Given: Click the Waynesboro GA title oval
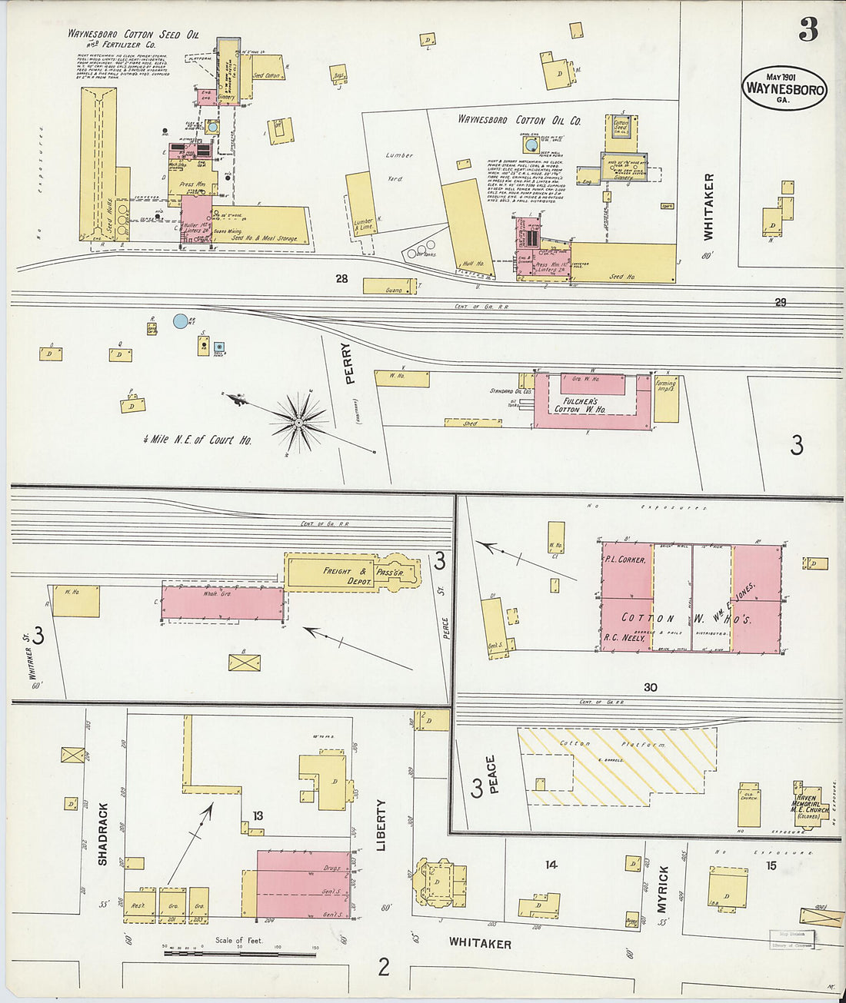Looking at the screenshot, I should click(x=784, y=88).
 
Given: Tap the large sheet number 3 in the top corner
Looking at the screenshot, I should click(x=808, y=29).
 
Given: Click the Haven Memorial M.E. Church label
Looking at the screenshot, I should click(x=810, y=805).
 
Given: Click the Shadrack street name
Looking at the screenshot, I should click(x=103, y=834).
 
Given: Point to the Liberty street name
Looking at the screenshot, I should click(x=381, y=824).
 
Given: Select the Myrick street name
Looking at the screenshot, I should click(x=663, y=890).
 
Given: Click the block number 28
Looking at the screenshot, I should click(x=341, y=279).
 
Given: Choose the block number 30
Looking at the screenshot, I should click(x=651, y=687).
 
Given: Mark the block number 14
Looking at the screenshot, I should click(x=551, y=865).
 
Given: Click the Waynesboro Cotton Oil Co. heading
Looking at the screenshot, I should click(x=519, y=120).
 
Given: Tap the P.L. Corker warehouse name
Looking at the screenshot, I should click(x=625, y=560).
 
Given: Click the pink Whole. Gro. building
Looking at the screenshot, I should click(x=223, y=603).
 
